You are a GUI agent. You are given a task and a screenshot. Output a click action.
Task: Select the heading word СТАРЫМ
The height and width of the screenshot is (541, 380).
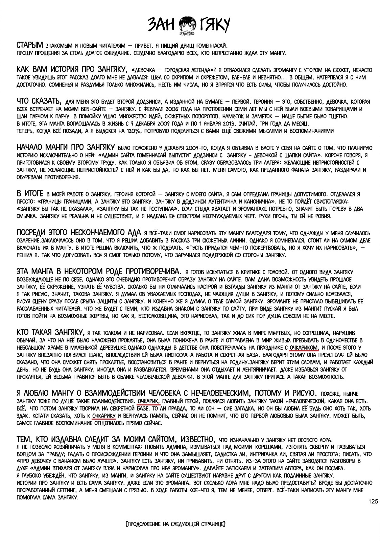(x=30, y=45)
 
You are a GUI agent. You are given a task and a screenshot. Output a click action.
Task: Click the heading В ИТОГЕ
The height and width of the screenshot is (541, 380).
(x=30, y=194)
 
